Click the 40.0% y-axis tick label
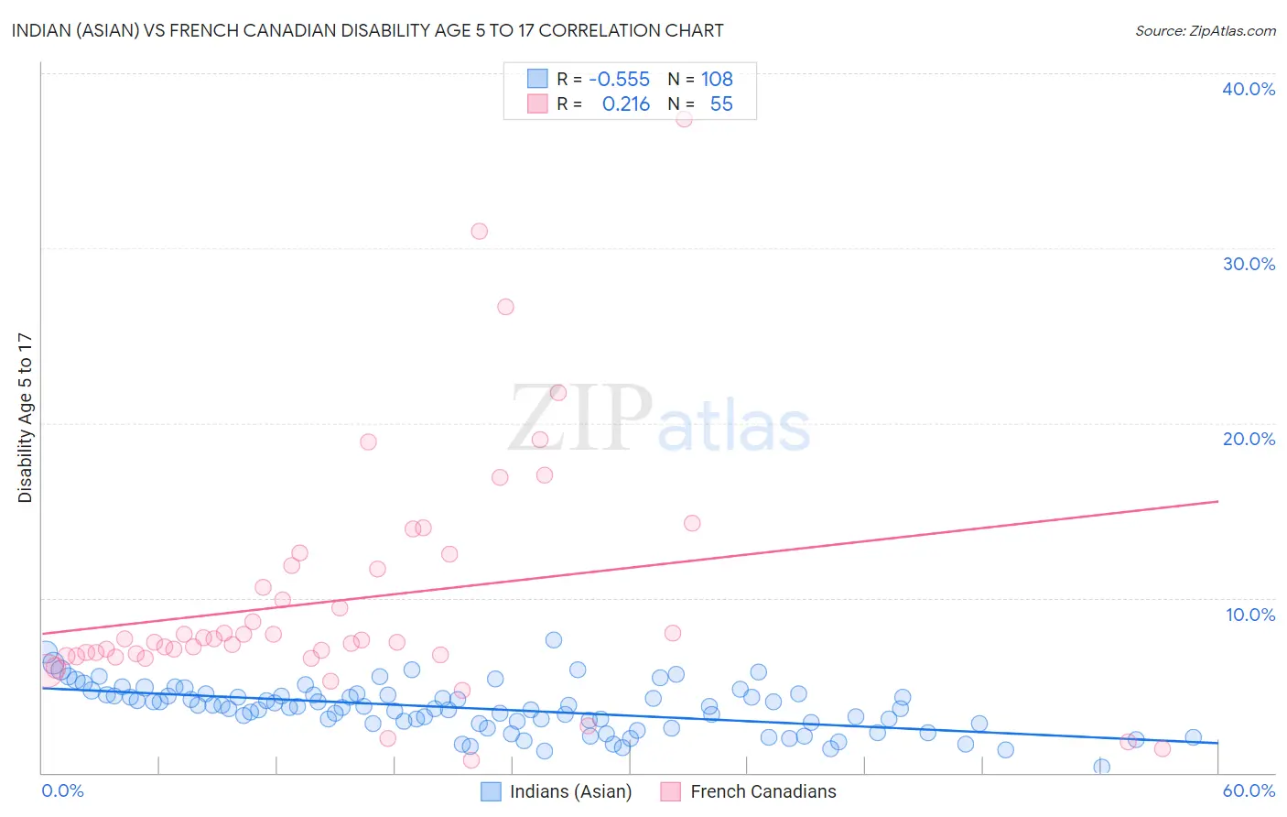[x=1249, y=89]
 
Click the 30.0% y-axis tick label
[x=1249, y=264]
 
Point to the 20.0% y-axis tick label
[x=1249, y=439]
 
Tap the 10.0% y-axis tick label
[x=1250, y=615]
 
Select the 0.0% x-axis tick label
[x=62, y=790]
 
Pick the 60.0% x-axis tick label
[x=1249, y=790]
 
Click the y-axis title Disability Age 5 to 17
[x=25, y=418]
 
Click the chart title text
[x=367, y=30]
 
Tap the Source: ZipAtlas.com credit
[x=1205, y=31]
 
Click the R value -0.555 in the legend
[x=619, y=80]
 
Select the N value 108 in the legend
[x=717, y=80]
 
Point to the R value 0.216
[x=626, y=104]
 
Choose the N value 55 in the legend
[x=721, y=104]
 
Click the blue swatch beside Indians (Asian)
[x=492, y=791]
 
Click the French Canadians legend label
[x=763, y=791]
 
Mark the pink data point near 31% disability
[x=479, y=231]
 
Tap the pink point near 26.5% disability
[x=505, y=307]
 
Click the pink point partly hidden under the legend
[x=684, y=119]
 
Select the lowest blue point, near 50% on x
[x=1101, y=767]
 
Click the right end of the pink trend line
[x=1217, y=501]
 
